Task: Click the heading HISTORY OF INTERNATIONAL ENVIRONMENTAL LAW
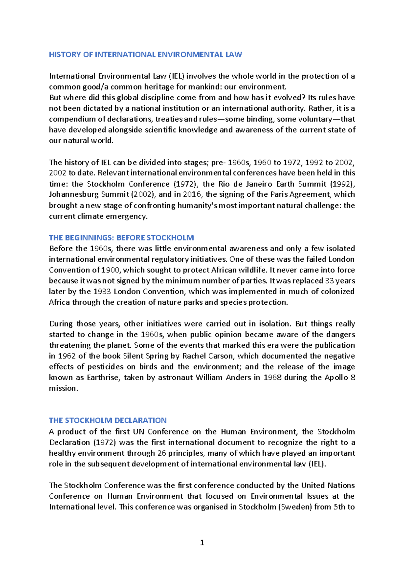pos(145,54)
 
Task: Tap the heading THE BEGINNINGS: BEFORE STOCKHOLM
pos(121,238)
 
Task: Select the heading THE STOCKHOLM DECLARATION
pos(108,420)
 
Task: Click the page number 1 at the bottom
pos(202,542)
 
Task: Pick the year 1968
pos(272,377)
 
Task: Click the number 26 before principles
pos(162,453)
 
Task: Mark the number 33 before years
pos(330,281)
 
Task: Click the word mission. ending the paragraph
pos(63,388)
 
